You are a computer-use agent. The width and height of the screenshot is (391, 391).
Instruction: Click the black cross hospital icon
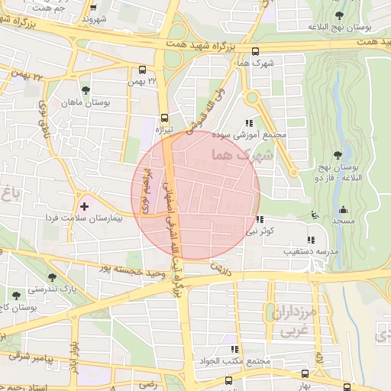pos(84,206)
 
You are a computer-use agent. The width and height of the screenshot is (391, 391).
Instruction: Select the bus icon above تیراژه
pos(164,118)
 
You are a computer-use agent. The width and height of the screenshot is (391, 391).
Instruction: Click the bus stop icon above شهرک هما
pos(254,52)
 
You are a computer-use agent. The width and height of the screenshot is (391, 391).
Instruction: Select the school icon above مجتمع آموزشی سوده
pos(249,122)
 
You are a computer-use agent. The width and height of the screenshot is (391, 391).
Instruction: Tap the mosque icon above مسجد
pos(342,209)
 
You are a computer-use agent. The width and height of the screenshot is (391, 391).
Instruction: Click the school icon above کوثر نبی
pos(260,219)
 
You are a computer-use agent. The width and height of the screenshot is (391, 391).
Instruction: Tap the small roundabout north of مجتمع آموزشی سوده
pos(251,97)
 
